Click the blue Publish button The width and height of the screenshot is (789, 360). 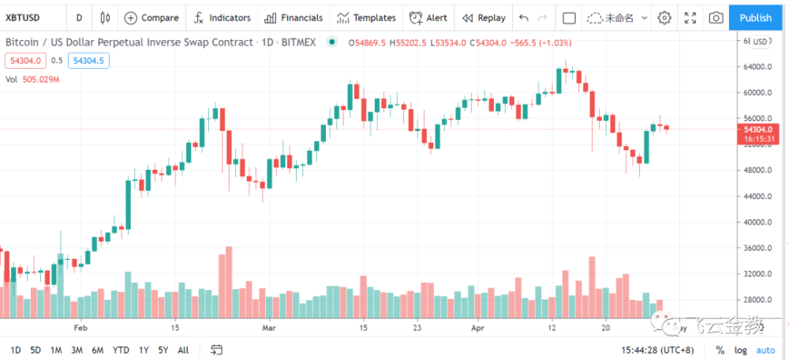click(756, 17)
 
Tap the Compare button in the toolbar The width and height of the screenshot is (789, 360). click(151, 17)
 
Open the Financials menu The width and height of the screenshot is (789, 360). click(293, 17)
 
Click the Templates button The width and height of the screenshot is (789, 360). click(365, 17)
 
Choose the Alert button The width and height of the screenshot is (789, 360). click(428, 17)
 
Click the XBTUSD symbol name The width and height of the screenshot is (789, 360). click(24, 17)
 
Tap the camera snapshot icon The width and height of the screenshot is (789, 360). click(715, 17)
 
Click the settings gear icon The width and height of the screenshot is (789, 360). click(664, 17)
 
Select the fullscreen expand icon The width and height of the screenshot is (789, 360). click(690, 17)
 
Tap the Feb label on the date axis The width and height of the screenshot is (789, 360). click(80, 326)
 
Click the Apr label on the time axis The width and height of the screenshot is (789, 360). click(476, 326)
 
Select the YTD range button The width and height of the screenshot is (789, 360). click(121, 350)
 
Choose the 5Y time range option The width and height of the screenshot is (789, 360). click(163, 350)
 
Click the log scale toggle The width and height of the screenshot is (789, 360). click(740, 350)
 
